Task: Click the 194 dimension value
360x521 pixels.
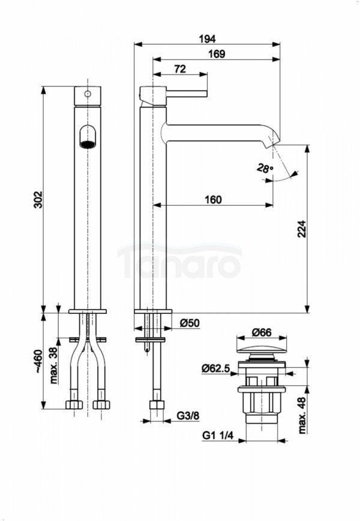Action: pyautogui.click(x=208, y=38)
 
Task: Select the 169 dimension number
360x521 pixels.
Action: pyautogui.click(x=217, y=54)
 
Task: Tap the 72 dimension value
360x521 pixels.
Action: pyautogui.click(x=179, y=69)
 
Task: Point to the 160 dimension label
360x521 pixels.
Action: pyautogui.click(x=212, y=200)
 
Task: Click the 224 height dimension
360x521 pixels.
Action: pyautogui.click(x=302, y=228)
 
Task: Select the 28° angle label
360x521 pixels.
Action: pyautogui.click(x=263, y=169)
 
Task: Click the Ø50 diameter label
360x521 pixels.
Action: pyautogui.click(x=190, y=323)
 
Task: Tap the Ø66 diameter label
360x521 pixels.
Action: pyautogui.click(x=262, y=331)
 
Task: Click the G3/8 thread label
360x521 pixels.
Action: pyautogui.click(x=188, y=415)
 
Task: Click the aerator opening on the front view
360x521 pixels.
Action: pyautogui.click(x=88, y=137)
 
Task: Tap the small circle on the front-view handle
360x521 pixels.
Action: pyautogui.click(x=88, y=94)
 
